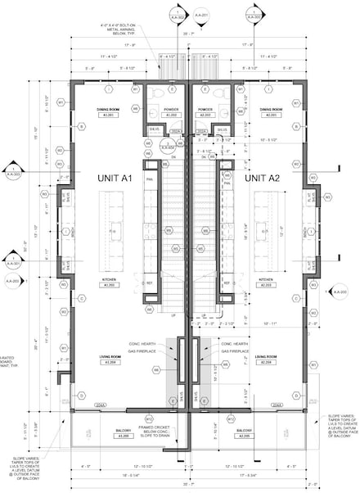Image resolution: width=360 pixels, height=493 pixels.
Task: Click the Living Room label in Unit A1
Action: click(x=108, y=359)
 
